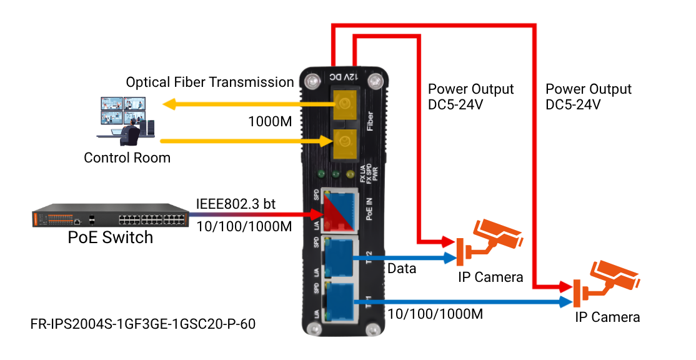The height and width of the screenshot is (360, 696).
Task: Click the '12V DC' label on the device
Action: (343, 77)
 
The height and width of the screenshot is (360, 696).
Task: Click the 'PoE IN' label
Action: (369, 208)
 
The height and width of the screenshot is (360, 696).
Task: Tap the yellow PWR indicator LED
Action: (350, 173)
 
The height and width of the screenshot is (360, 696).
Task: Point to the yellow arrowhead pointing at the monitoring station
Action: (168, 104)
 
